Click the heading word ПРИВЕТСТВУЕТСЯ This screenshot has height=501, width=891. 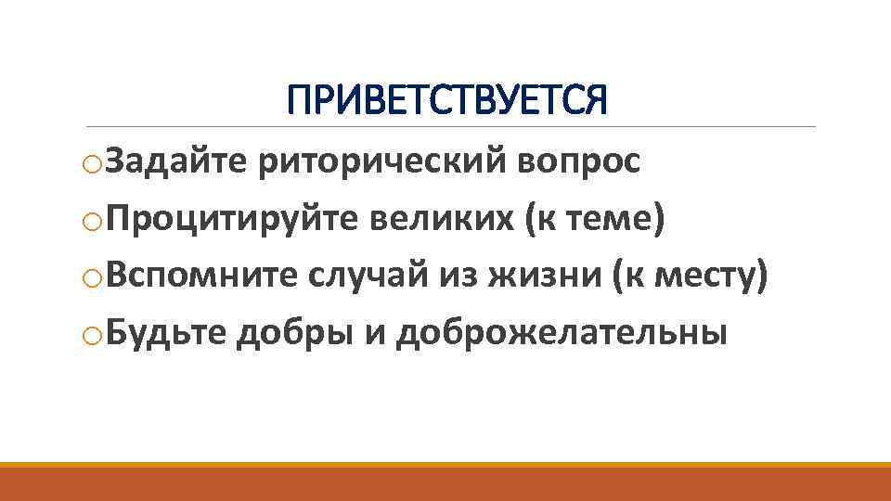[x=446, y=100]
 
